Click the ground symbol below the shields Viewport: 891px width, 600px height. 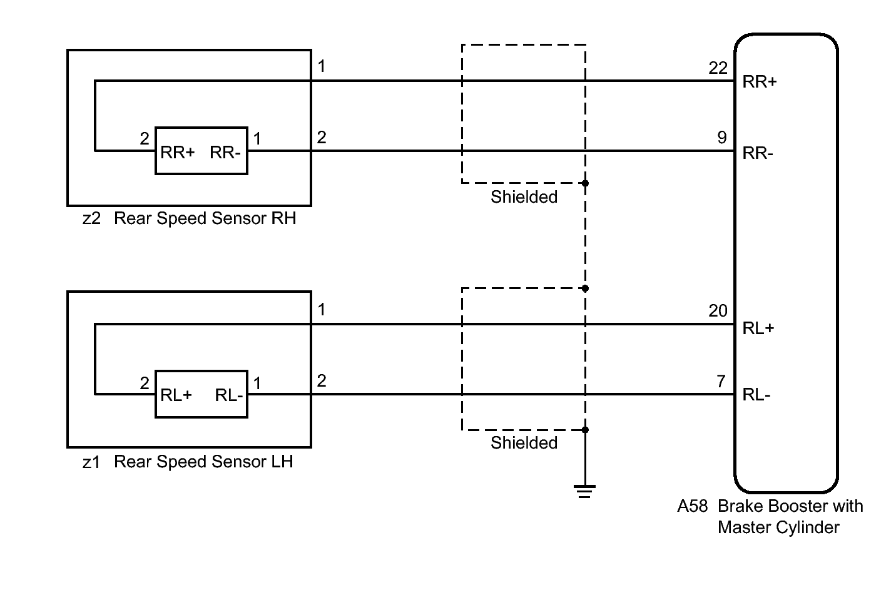584,492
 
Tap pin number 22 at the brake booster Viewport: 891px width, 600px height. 718,68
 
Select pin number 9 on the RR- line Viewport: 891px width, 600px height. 722,138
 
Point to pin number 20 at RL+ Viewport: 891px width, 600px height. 718,311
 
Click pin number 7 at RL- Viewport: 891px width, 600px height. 721,381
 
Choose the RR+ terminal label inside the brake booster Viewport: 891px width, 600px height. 760,82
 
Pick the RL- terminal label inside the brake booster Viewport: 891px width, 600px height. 756,395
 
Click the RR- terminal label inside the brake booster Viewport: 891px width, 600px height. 758,153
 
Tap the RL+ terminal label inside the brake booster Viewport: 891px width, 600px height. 758,328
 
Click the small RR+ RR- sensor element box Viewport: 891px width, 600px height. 201,151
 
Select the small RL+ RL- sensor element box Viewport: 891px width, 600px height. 201,394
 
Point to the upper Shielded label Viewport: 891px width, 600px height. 524,197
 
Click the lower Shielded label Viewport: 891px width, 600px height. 524,442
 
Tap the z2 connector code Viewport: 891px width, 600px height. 91,218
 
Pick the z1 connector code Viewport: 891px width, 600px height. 91,462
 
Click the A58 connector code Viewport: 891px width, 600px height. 693,506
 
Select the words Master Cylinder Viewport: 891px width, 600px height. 778,527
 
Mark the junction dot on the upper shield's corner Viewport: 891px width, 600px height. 585,183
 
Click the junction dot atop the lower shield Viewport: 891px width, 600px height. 585,288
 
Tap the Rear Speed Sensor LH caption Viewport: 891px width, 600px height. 203,462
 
